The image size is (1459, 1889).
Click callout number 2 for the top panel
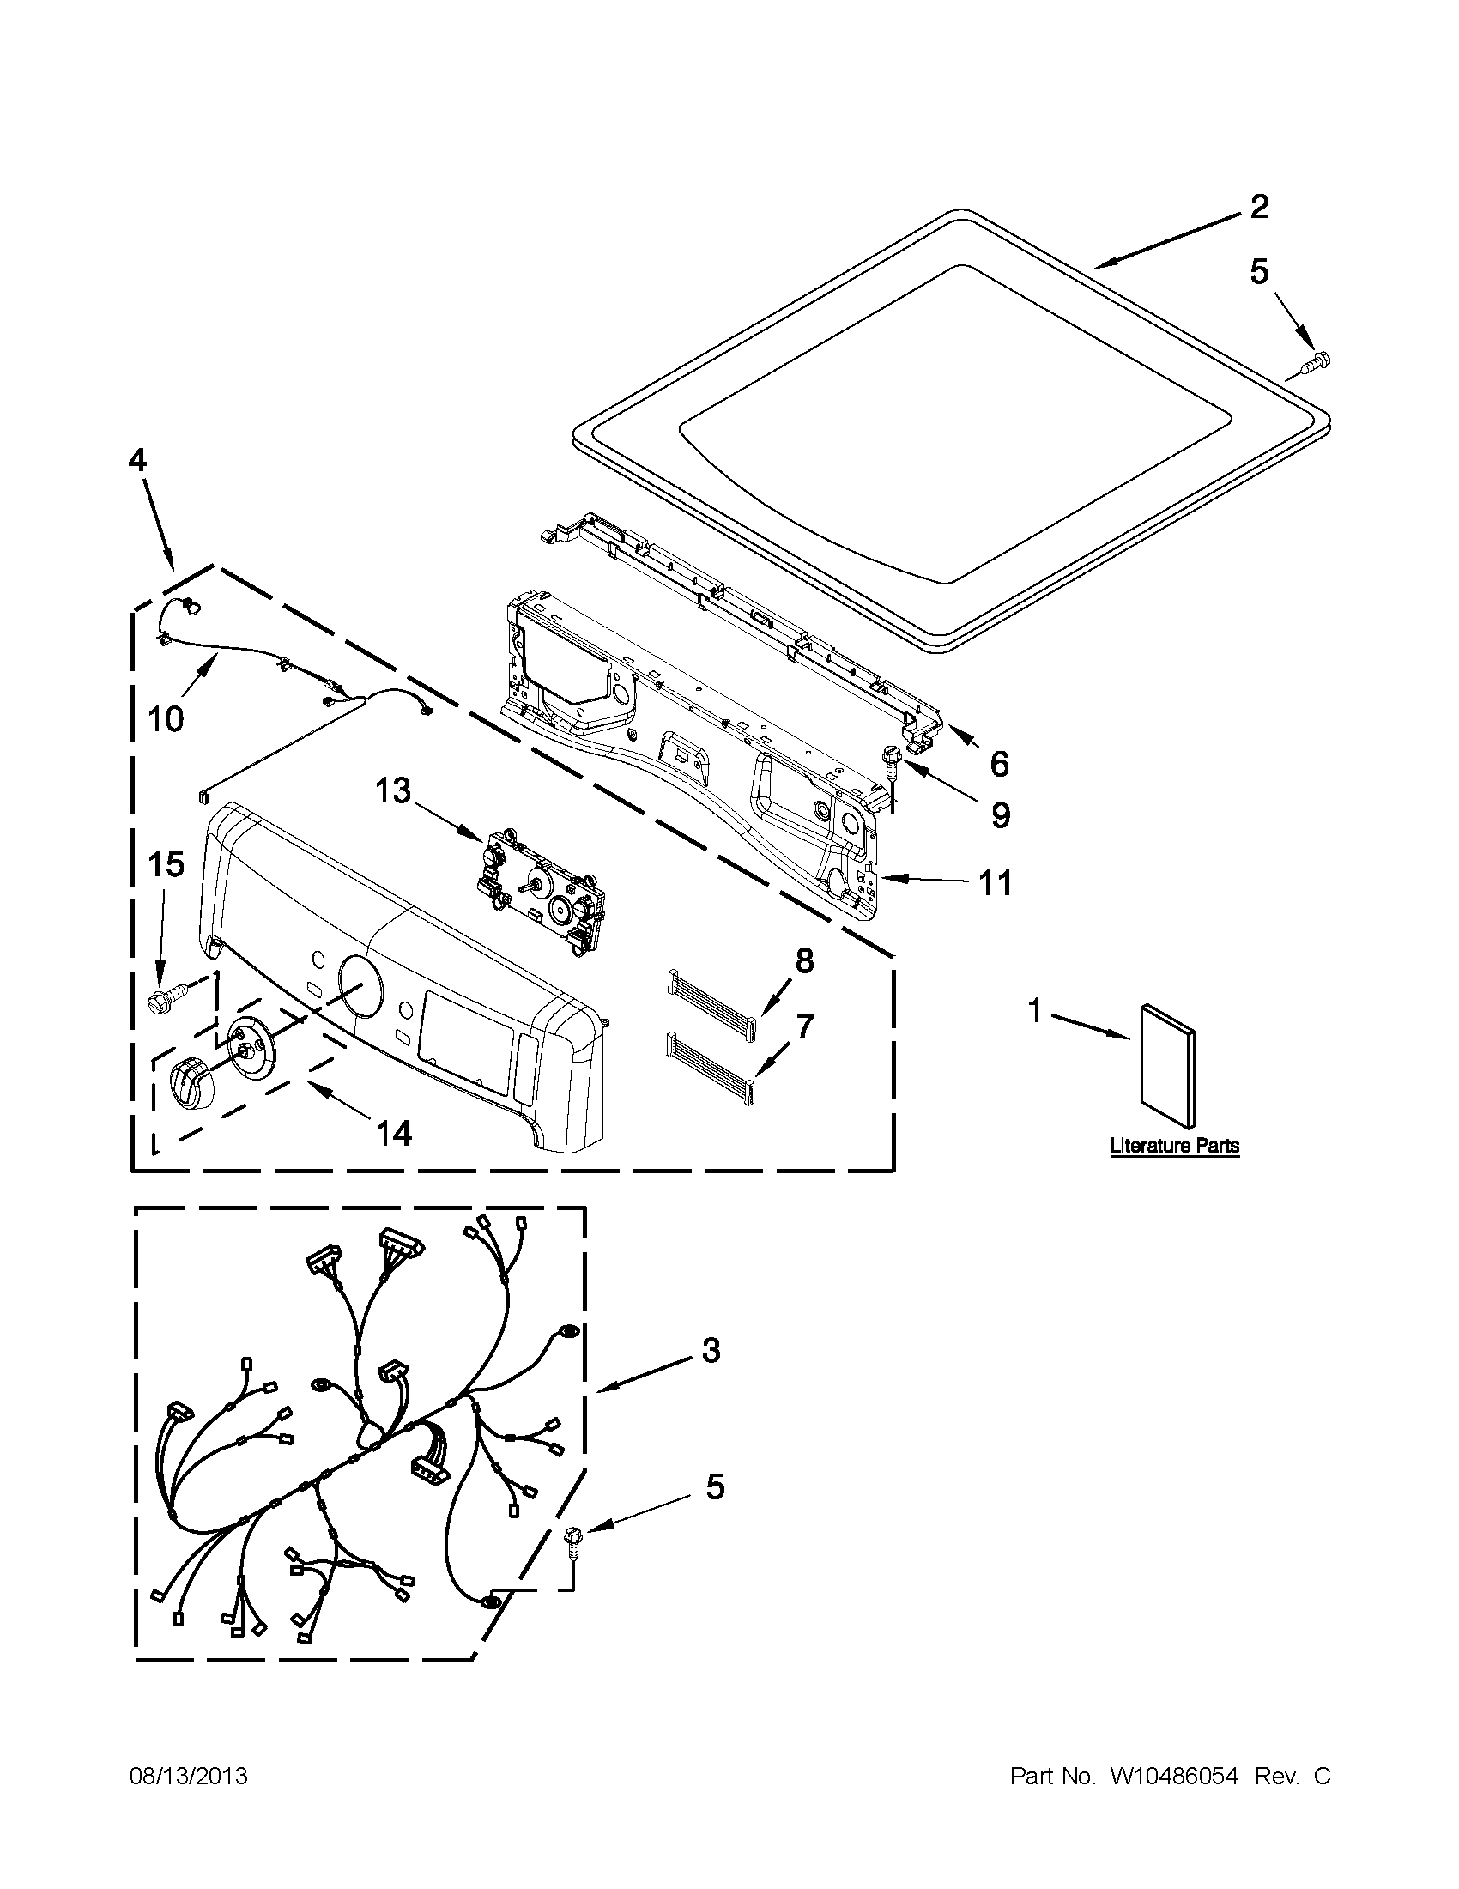(1259, 207)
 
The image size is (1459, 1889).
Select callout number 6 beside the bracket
(999, 763)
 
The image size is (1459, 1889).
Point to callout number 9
(1000, 814)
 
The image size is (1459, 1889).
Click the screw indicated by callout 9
(889, 759)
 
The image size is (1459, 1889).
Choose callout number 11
(995, 883)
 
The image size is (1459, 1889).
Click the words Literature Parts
(1174, 1147)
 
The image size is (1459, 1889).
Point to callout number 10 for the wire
(165, 717)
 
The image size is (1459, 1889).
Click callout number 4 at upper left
(137, 460)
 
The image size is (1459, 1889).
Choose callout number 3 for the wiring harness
(710, 1350)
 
